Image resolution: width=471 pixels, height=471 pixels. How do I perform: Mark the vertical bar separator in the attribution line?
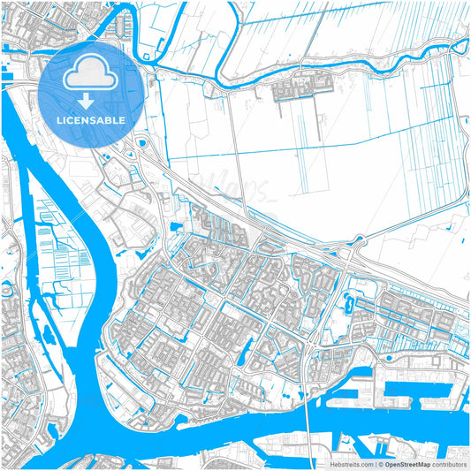373,463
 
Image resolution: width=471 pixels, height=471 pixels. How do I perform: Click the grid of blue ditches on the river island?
49,221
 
